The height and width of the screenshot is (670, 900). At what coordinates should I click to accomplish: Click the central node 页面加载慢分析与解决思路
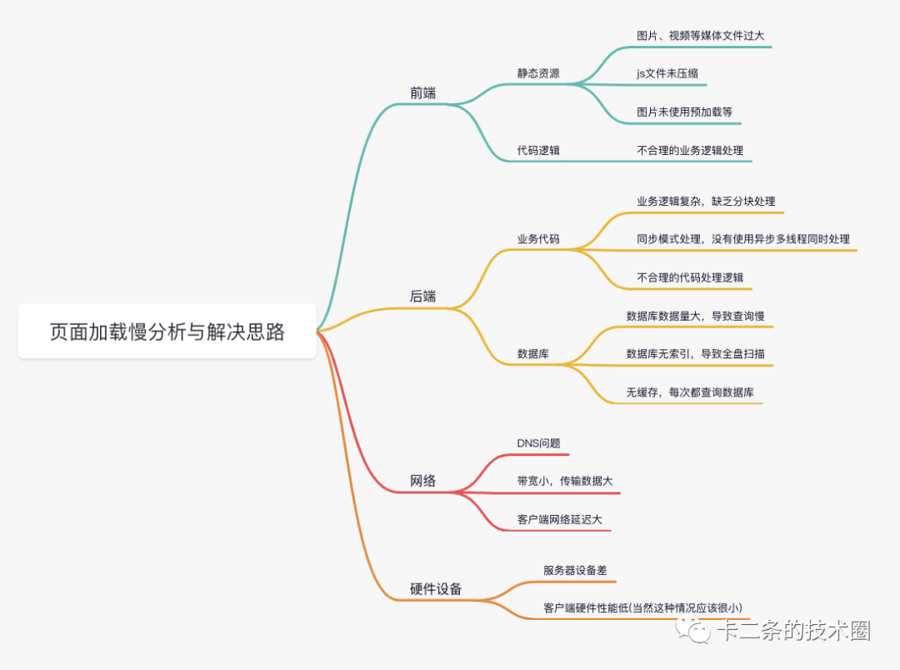167,332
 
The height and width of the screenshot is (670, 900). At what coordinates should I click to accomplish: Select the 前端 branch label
422,92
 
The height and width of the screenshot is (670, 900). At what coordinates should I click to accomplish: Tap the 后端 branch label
422,297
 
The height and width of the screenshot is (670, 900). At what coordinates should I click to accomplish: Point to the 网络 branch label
422,481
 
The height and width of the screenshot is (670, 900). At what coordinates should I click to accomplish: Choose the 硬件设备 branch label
436,589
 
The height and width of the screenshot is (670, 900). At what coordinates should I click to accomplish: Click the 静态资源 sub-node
538,73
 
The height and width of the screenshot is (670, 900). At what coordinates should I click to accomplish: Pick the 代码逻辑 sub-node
538,151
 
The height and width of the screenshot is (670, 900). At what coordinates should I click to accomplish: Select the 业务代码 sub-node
538,239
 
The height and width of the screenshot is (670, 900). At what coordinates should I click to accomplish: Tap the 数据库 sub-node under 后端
533,353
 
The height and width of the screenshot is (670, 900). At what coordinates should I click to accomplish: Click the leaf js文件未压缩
667,73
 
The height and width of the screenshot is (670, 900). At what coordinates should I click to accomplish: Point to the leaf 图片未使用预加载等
684,112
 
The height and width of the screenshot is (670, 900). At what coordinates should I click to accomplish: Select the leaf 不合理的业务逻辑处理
689,151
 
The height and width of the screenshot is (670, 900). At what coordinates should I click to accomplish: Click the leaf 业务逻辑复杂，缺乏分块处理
706,201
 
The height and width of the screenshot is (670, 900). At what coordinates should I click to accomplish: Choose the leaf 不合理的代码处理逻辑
689,277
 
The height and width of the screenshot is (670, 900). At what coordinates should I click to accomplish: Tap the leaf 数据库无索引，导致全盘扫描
695,353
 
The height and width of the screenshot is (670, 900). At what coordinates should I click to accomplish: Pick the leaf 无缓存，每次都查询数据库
690,392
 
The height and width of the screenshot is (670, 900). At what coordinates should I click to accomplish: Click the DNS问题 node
538,442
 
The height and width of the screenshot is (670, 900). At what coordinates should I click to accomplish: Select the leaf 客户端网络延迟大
559,520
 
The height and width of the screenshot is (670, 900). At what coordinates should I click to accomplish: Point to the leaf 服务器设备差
575,570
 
